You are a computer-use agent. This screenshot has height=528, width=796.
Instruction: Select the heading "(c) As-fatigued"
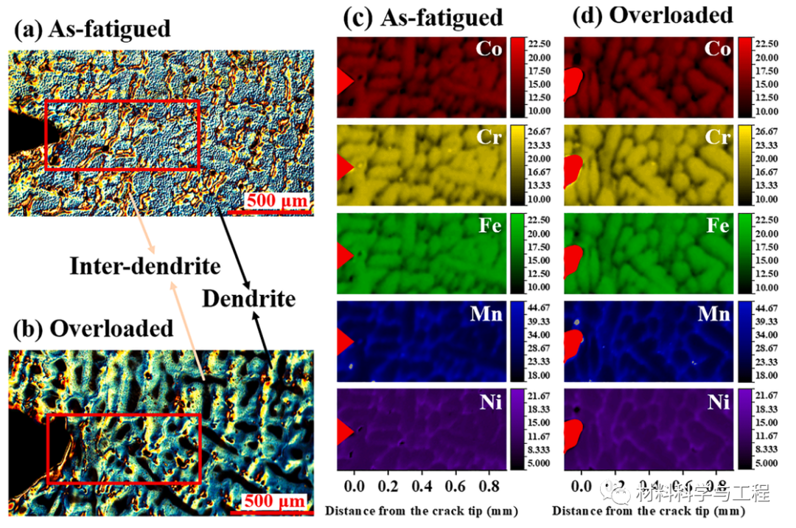(427, 17)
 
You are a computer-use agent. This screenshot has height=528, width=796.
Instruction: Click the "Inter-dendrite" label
(145, 266)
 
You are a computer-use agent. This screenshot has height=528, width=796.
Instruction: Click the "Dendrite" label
(248, 299)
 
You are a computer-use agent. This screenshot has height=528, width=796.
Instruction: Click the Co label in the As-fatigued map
(489, 49)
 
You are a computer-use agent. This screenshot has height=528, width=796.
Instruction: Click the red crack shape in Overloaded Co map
(573, 83)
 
